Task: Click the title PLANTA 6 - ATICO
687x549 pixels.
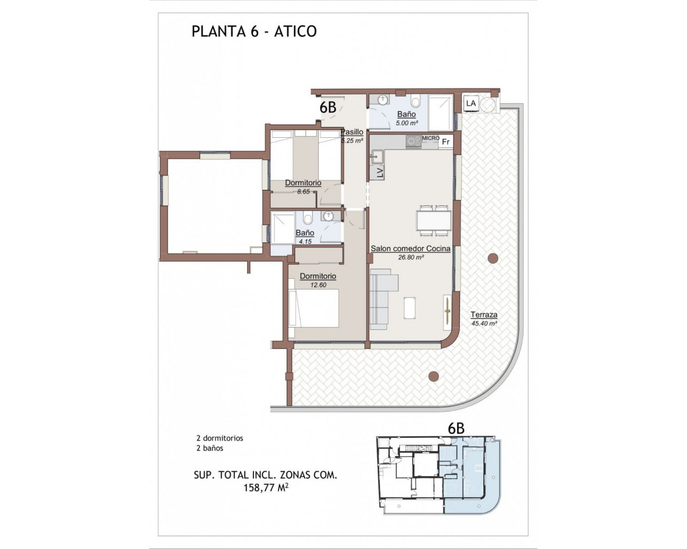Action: coord(254,32)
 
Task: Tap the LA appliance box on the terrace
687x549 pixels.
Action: coord(471,103)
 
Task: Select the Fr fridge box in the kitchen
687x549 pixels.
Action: coord(445,142)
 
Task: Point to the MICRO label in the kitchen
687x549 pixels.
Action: coord(430,138)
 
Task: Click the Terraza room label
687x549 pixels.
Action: coord(484,315)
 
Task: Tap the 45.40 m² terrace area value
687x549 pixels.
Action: coord(485,323)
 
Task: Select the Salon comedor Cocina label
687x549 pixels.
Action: coord(411,249)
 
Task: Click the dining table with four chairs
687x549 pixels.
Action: coord(434,221)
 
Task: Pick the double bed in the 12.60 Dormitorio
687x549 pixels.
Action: coord(313,308)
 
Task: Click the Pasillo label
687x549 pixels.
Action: coord(352,132)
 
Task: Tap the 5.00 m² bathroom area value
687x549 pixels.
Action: coord(407,123)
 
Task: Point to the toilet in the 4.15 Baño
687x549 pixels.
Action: coord(308,219)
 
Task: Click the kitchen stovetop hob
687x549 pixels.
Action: coord(414,142)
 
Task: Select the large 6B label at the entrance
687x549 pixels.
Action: coord(328,108)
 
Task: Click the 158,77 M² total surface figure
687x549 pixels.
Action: coord(266,488)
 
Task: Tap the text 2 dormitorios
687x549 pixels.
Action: coord(220,438)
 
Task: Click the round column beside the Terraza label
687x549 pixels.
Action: coord(493,258)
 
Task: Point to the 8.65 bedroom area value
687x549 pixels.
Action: coord(303,192)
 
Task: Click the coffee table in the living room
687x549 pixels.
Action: coord(410,308)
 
